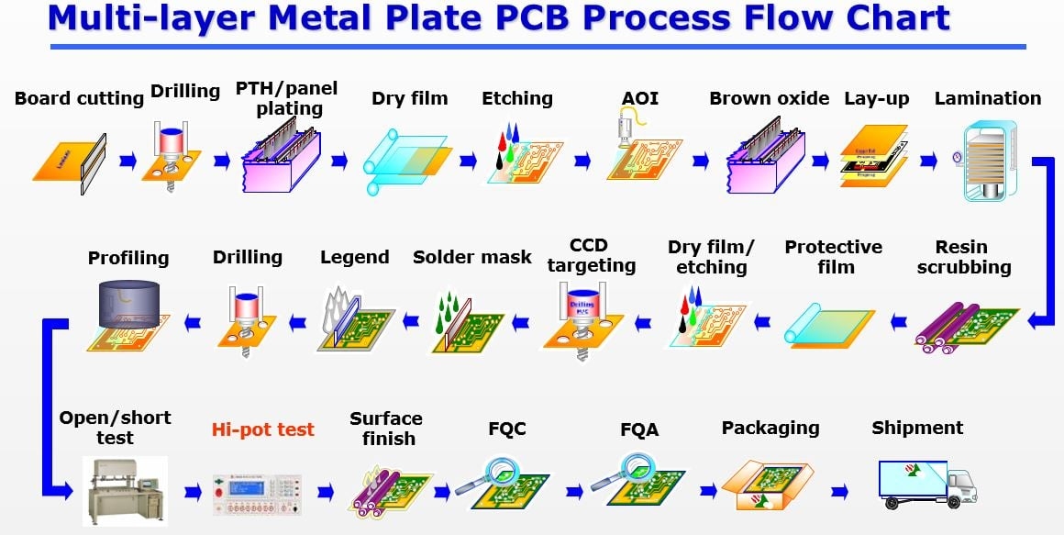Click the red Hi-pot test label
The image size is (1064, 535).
262,429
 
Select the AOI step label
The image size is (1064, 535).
640,98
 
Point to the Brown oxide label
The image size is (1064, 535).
769,98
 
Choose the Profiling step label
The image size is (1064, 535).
128,258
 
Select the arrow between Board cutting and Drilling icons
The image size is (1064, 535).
128,162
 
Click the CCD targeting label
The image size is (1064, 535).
590,256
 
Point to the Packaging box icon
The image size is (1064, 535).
767,485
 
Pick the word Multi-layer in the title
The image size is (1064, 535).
149,17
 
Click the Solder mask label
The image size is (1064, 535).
471,258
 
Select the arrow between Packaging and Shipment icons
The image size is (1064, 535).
839,493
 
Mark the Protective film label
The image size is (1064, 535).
833,257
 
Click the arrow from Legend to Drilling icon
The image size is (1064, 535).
298,321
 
